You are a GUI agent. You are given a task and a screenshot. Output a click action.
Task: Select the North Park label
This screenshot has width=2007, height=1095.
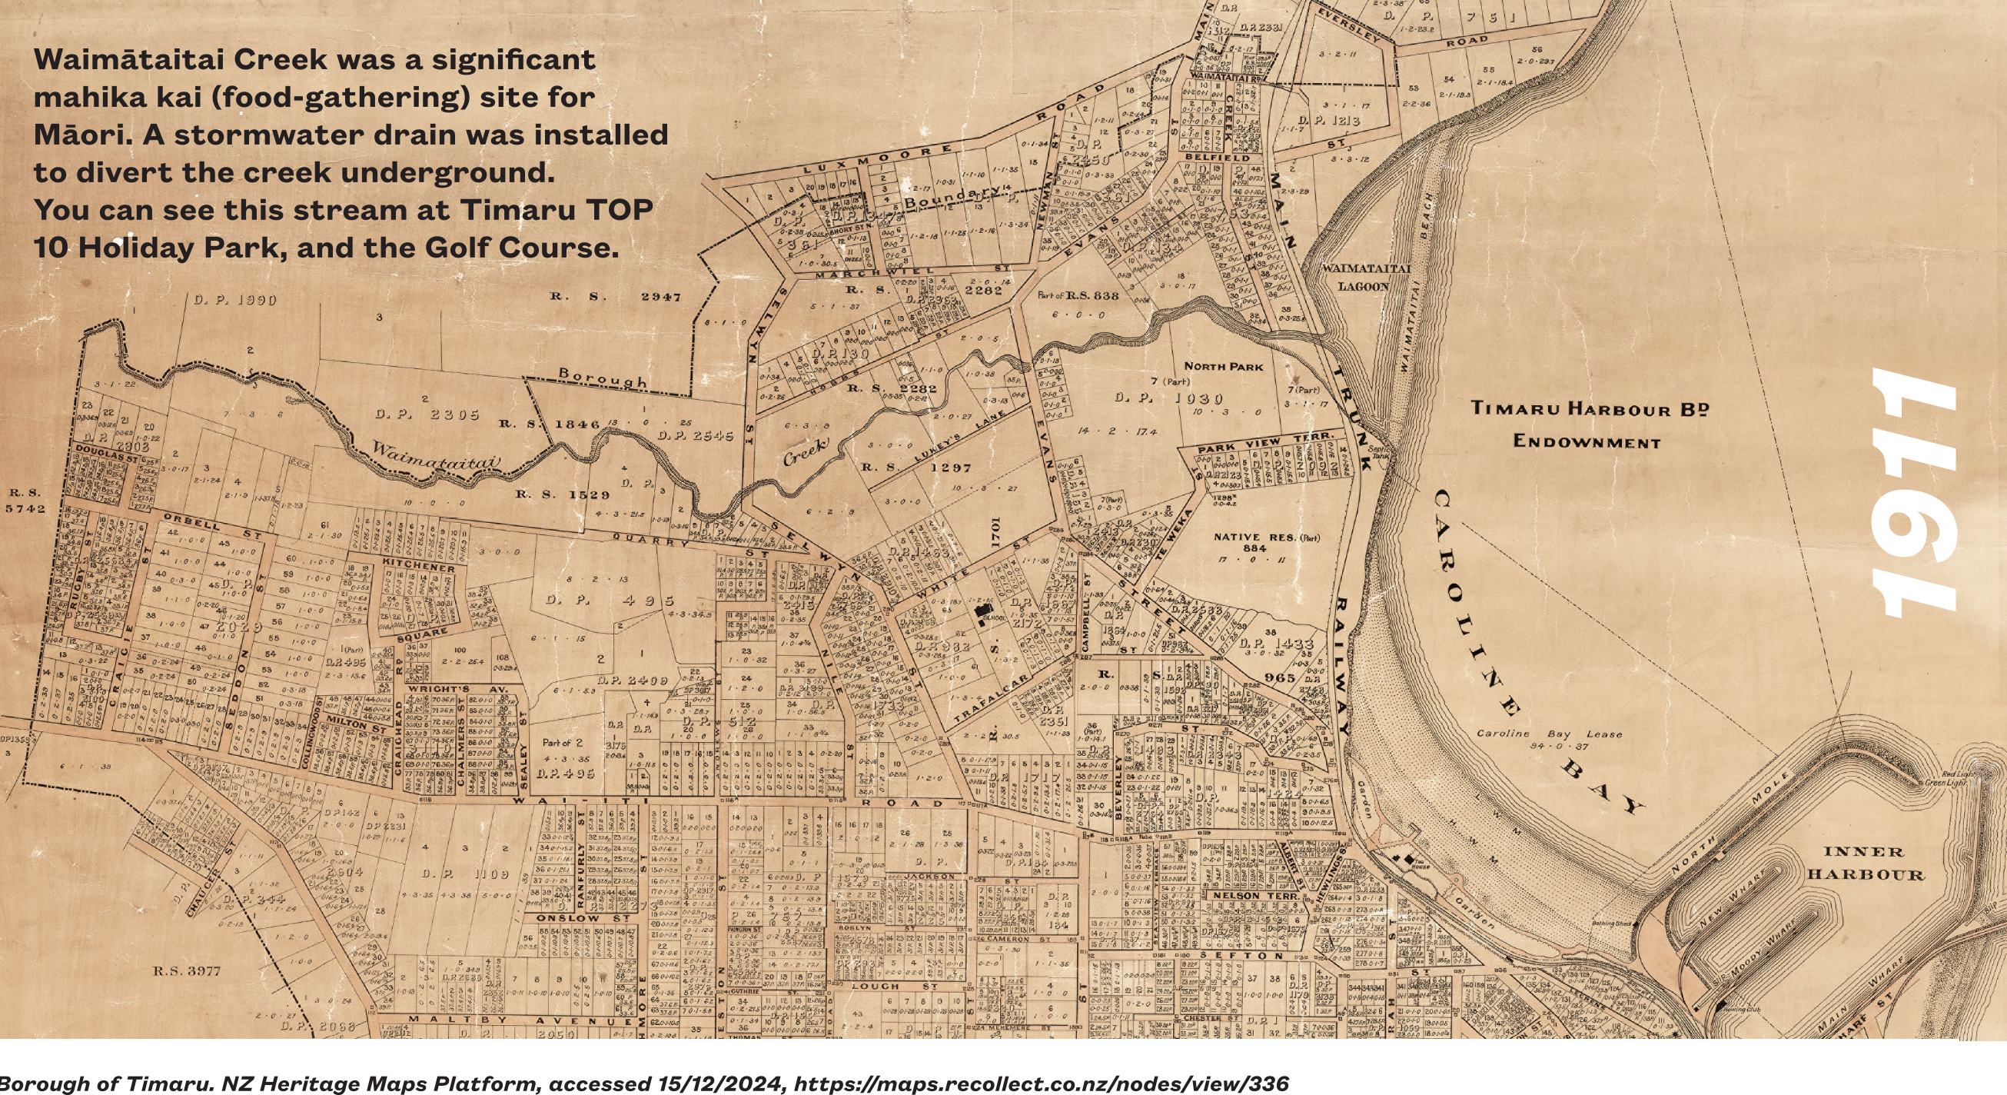[x=1223, y=365]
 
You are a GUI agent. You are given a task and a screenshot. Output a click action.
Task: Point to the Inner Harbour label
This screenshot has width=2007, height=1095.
[x=1866, y=863]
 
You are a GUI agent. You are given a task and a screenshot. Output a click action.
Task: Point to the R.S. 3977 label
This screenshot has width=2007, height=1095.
[x=186, y=971]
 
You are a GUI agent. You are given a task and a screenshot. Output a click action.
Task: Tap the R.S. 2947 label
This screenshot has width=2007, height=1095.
[x=616, y=296]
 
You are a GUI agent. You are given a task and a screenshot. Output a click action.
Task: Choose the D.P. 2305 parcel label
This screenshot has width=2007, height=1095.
[x=427, y=414]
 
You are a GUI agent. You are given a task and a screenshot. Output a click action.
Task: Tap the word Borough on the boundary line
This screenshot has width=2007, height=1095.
[x=603, y=378]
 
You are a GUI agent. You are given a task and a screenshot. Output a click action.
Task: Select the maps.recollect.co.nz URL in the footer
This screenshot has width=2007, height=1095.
[x=1041, y=1083]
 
